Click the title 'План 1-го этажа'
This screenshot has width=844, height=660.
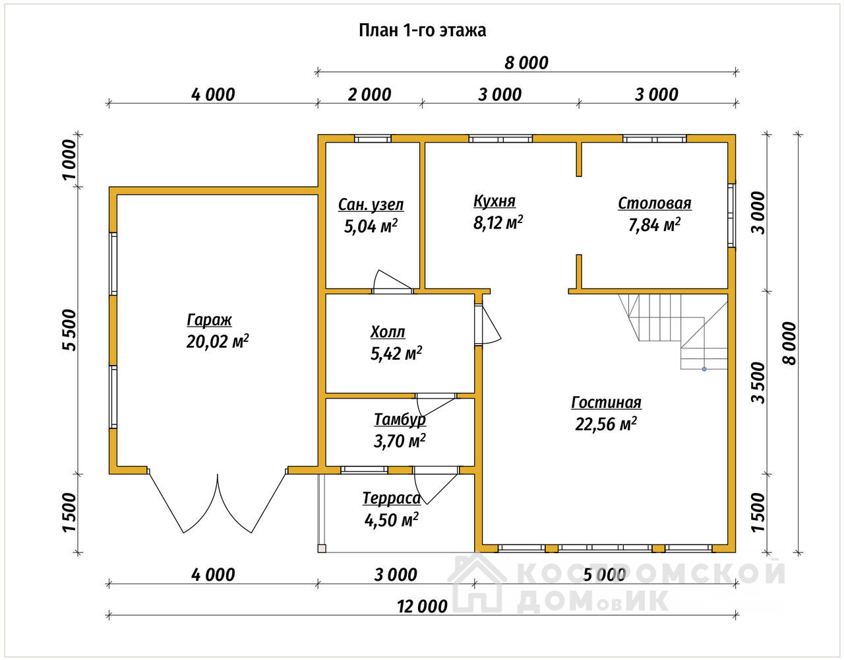422,30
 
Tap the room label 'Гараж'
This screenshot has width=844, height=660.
209,320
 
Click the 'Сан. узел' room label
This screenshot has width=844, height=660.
371,205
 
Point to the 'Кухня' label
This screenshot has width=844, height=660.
494,201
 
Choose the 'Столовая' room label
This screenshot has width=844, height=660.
655,204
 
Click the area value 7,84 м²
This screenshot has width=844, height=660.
655,225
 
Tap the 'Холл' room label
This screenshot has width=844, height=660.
388,333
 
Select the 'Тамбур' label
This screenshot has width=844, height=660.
400,420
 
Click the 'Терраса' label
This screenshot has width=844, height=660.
392,499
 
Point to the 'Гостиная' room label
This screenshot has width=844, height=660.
606,403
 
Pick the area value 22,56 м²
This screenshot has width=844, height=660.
606,424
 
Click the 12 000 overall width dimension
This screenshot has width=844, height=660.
422,607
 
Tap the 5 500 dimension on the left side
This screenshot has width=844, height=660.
69,331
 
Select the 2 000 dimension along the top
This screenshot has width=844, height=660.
369,94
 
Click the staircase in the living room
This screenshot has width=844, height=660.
673,331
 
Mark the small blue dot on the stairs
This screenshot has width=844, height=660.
704,369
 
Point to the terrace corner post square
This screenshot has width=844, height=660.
322,548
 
